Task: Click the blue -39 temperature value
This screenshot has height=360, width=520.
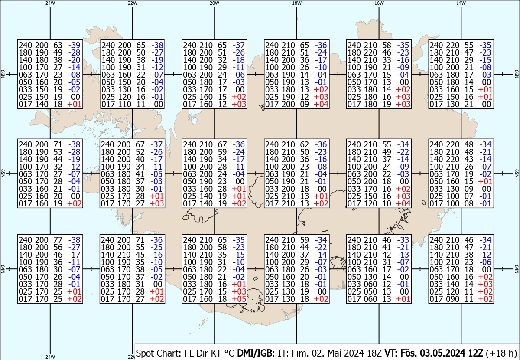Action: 75,45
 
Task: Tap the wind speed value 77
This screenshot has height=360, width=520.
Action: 58,239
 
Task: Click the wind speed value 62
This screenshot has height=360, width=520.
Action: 305,144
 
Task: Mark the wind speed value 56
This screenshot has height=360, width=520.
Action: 58,247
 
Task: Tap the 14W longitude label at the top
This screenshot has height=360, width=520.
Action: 461,3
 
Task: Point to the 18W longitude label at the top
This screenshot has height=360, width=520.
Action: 297,3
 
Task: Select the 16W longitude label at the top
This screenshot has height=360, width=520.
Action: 379,3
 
